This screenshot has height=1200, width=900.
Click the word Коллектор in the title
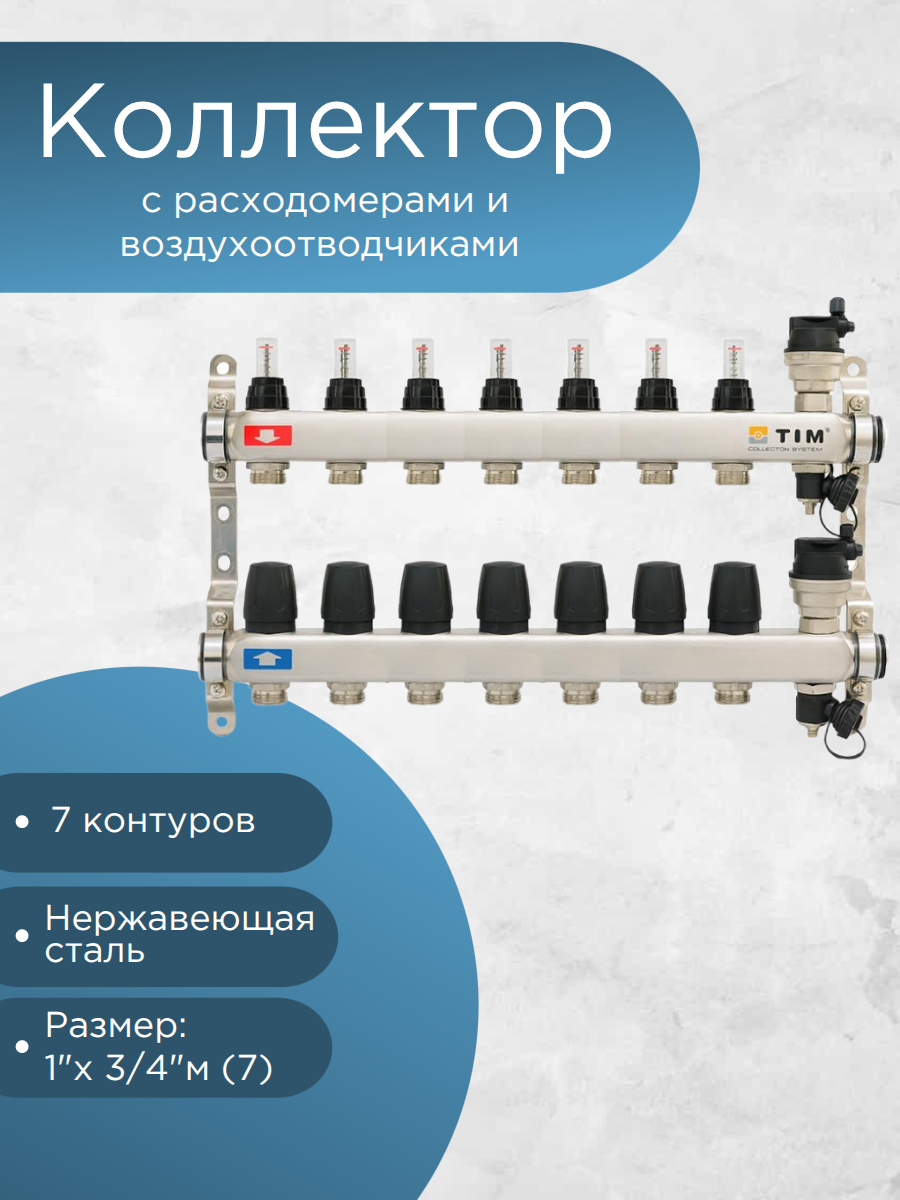pos(325,123)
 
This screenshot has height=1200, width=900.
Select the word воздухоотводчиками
pos(320,245)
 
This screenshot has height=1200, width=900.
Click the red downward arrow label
pos(266,436)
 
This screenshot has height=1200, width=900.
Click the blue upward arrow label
pos(266,659)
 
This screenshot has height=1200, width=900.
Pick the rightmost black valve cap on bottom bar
pos(734,597)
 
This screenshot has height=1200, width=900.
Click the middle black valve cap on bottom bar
pos(501,597)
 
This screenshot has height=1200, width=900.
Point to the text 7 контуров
pos(152,822)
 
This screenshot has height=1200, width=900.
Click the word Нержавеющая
pos(180,918)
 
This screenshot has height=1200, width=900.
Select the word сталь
pos(95,950)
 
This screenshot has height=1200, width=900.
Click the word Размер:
pos(116,1027)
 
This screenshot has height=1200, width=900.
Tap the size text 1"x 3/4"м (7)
pos(158,1069)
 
